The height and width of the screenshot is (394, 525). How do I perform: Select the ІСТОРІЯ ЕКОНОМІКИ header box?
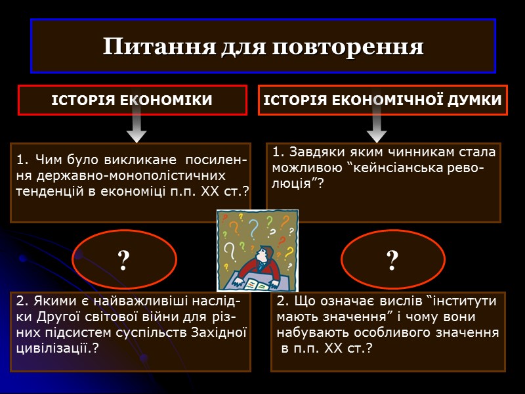(x=132, y=100)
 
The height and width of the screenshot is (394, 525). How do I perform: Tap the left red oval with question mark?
(x=123, y=261)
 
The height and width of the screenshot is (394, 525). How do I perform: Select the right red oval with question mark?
(x=392, y=261)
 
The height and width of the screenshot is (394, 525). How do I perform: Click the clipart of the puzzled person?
(x=257, y=250)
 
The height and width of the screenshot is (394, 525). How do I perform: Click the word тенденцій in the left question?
(x=47, y=190)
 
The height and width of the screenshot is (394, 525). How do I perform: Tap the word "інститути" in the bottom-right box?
(x=463, y=301)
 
